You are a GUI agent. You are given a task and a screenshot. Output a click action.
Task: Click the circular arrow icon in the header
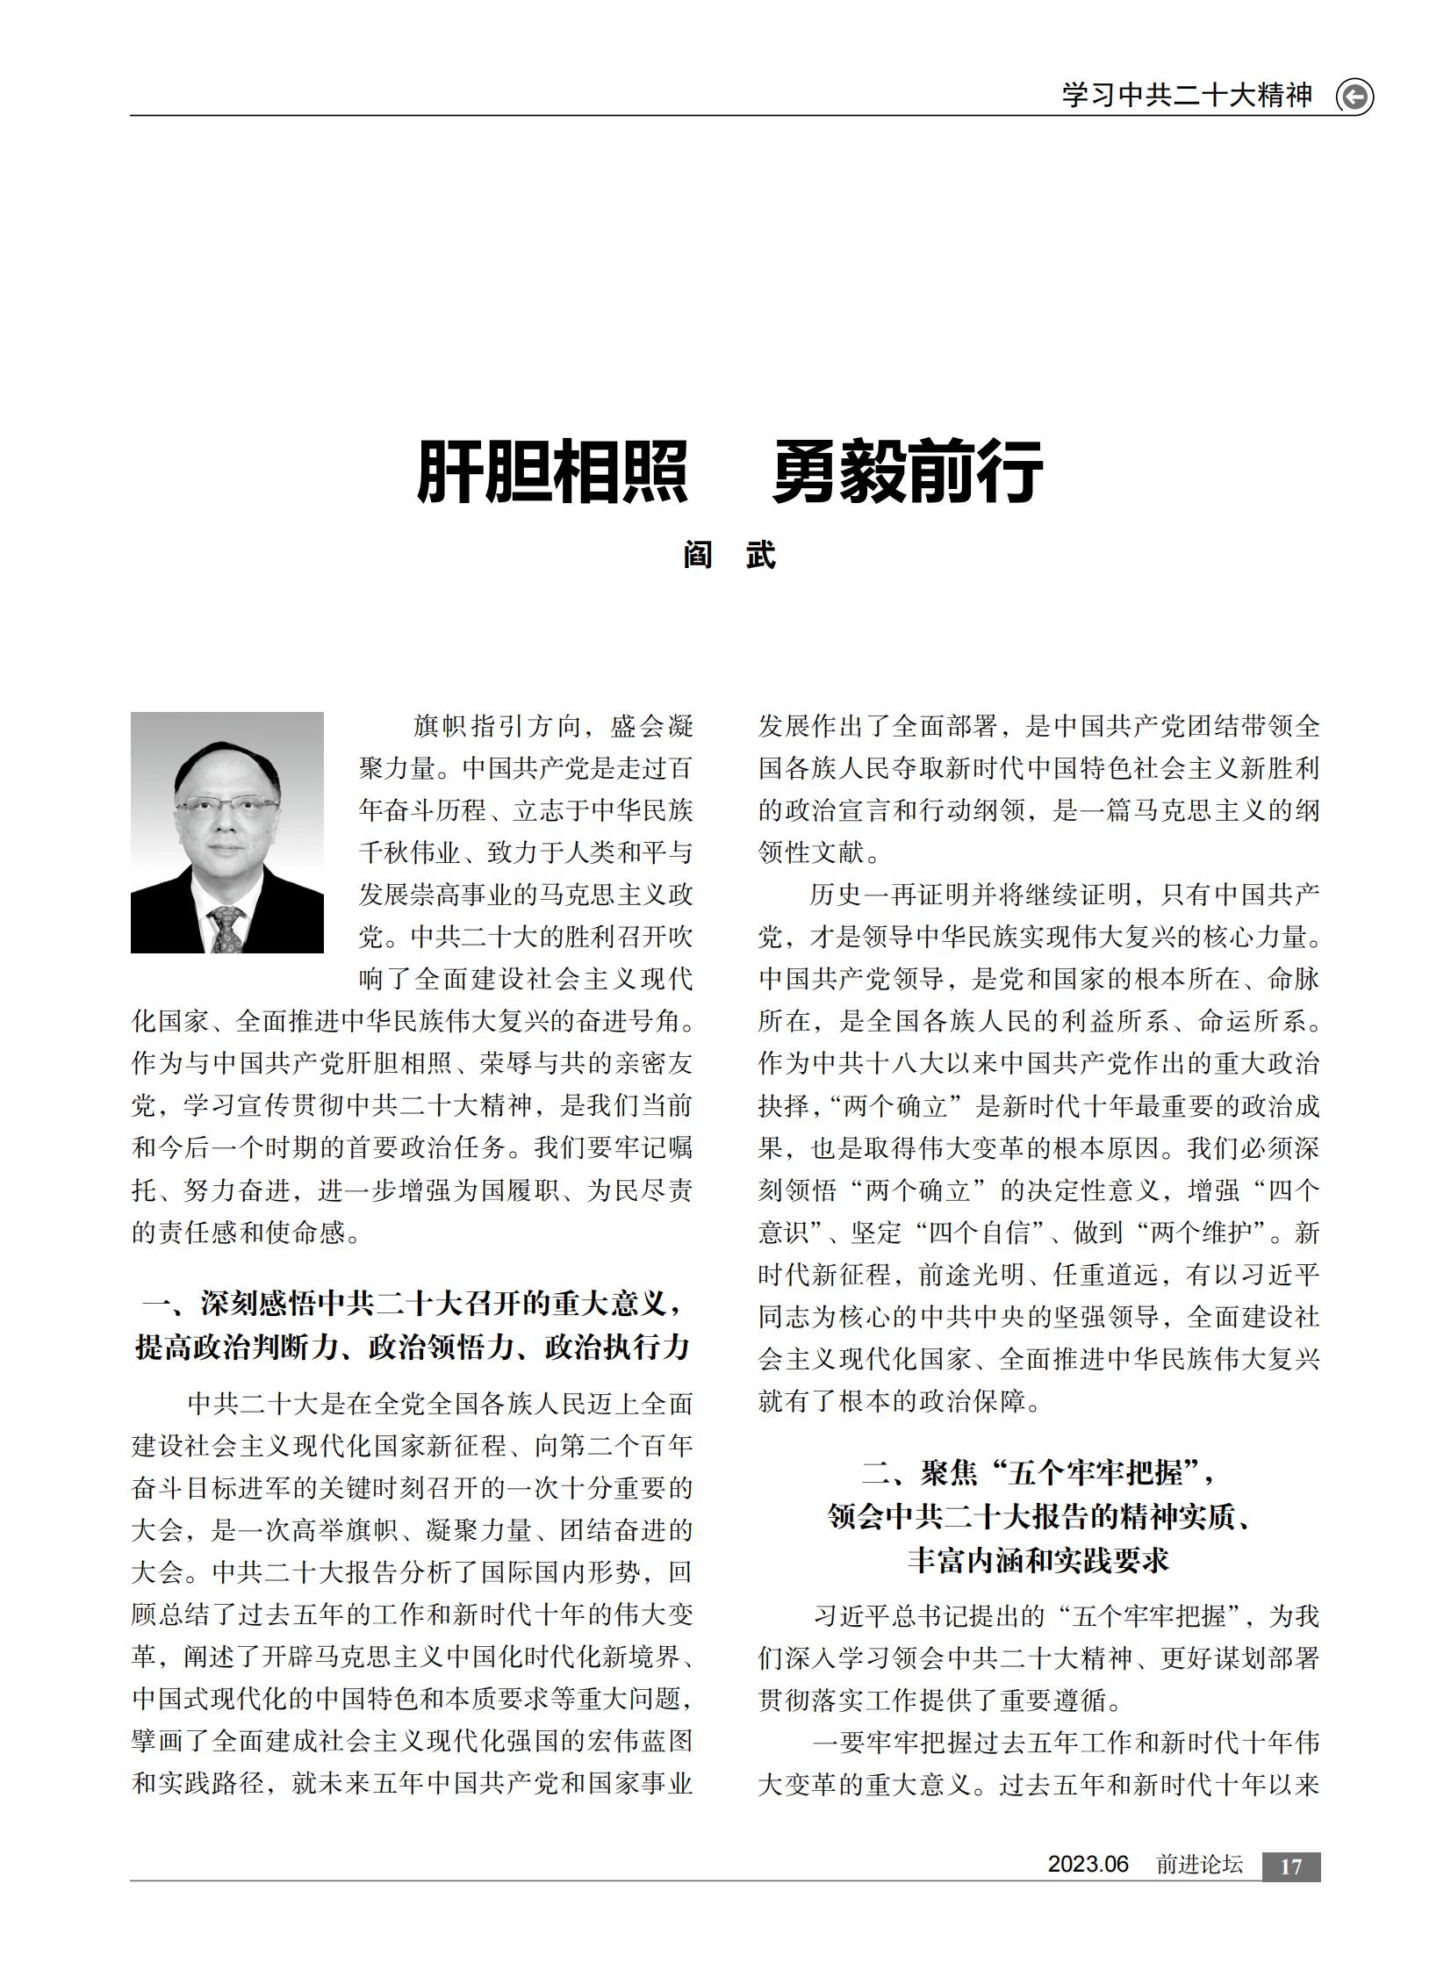[x=1354, y=96]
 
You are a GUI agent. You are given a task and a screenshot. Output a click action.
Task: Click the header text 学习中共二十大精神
[x=1187, y=95]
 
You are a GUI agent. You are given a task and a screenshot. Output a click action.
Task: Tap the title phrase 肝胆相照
[x=551, y=471]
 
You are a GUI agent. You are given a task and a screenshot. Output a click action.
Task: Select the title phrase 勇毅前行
[x=908, y=471]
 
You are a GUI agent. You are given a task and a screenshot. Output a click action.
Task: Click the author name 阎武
[x=729, y=556]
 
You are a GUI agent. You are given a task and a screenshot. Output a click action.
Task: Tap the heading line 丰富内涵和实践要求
[x=1039, y=1560]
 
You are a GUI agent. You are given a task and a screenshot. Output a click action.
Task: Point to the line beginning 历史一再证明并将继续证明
[x=1063, y=895]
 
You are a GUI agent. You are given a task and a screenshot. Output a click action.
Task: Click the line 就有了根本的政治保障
[x=901, y=1401]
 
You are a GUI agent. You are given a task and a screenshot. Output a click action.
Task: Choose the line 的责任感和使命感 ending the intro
[x=247, y=1233]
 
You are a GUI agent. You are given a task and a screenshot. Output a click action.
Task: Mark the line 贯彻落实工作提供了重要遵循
[x=940, y=1701]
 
